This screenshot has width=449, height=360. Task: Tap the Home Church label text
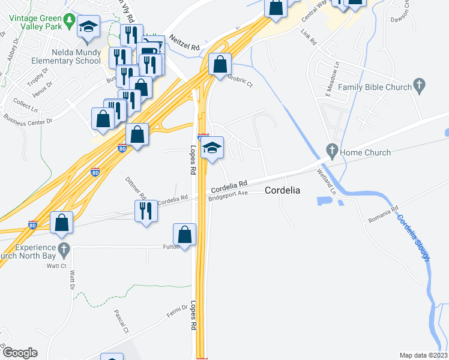point(366,152)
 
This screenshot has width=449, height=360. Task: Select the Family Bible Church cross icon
point(420,86)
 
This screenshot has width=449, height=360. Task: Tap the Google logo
point(19,352)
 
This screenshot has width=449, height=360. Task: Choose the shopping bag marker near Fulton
point(185,235)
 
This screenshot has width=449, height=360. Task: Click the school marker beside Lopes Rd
point(212,148)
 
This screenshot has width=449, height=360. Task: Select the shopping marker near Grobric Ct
point(220,64)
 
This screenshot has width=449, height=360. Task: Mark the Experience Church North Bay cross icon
point(64,248)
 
